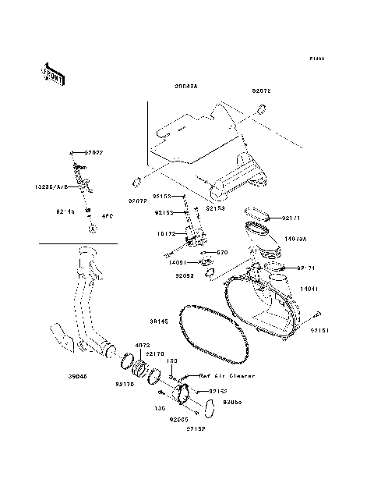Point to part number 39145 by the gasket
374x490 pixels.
160,321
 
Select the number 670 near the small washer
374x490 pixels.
222,252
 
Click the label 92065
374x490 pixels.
178,419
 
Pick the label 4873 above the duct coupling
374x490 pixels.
143,344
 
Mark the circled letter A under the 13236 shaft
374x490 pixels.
92,227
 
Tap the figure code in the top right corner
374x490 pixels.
316,59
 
